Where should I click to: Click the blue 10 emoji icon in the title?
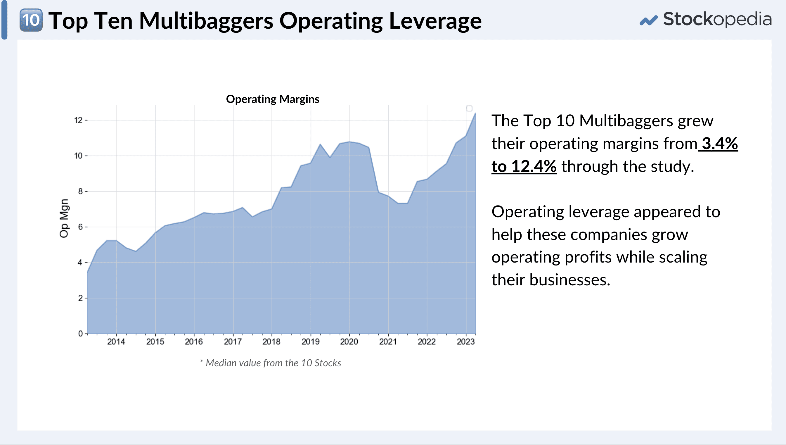click(x=31, y=20)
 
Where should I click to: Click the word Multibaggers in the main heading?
click(x=206, y=21)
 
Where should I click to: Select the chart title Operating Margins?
click(x=272, y=99)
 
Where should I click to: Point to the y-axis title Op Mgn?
click(x=64, y=218)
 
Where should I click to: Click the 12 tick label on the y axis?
click(x=79, y=120)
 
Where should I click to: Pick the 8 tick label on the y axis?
click(x=80, y=191)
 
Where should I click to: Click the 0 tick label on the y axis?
click(x=80, y=333)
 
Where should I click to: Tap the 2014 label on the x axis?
click(x=116, y=342)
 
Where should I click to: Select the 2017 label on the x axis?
click(x=233, y=342)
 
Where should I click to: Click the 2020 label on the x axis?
click(x=349, y=342)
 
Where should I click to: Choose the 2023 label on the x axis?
click(x=466, y=342)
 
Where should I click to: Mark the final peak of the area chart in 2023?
click(x=475, y=114)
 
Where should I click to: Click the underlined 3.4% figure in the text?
click(x=719, y=143)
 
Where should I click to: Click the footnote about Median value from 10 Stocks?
click(x=271, y=363)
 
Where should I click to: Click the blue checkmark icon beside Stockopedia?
click(x=648, y=20)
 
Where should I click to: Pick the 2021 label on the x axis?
click(x=388, y=342)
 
